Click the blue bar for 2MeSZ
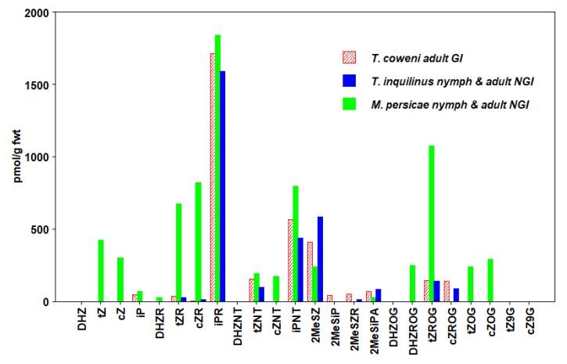tap(320, 259)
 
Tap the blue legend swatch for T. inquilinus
tap(349, 80)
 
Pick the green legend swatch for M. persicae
tap(349, 103)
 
